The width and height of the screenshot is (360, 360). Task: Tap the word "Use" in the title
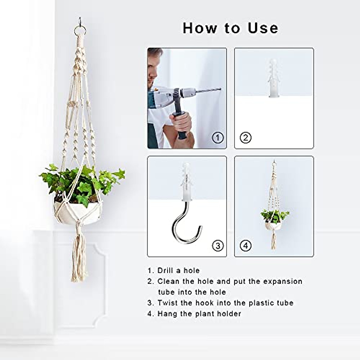coord(263,28)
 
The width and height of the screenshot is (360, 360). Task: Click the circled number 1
coord(218,138)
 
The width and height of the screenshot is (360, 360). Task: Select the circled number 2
coord(246,138)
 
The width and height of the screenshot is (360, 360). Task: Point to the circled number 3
coord(218,246)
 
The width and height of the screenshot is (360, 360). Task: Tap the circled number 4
coord(246,246)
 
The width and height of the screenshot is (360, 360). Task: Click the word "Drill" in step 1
coord(166,271)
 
